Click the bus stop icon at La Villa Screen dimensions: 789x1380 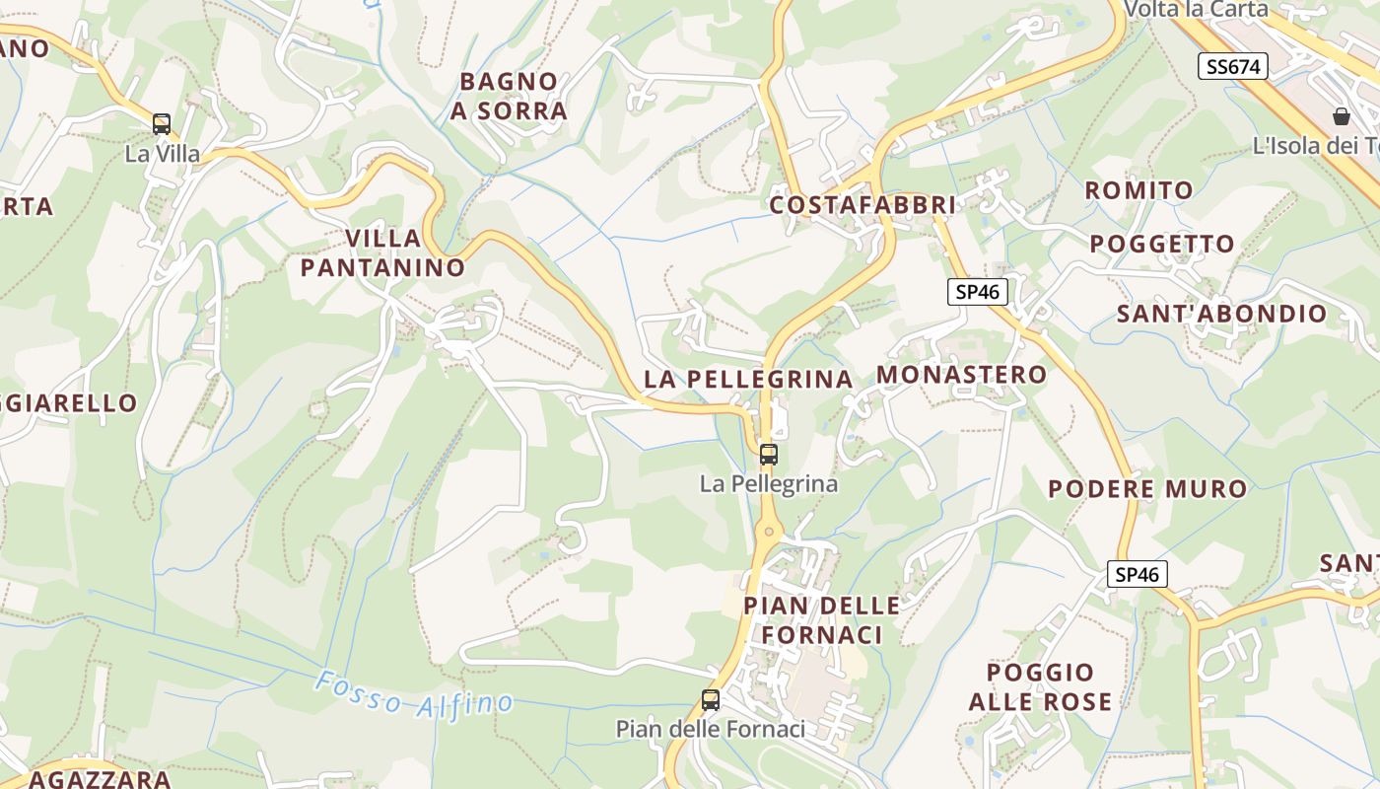pos(162,125)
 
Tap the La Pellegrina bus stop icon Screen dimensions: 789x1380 pos(769,455)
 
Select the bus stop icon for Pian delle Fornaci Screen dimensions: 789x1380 pos(711,700)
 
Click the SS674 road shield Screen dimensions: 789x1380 pos(1233,66)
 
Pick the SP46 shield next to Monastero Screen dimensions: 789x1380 pos(978,291)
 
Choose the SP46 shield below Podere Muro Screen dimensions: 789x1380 pos(1138,574)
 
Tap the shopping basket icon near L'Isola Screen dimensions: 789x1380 pos(1342,116)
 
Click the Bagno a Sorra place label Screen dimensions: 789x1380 pos(509,96)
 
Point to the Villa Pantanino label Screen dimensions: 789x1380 pos(382,252)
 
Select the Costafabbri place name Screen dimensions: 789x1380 pos(862,205)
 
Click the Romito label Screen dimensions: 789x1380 pos(1138,189)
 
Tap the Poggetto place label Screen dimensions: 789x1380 pos(1161,244)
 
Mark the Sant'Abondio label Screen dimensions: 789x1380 pos(1221,314)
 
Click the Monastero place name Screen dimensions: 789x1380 pos(961,375)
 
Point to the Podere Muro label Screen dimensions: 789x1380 pos(1147,488)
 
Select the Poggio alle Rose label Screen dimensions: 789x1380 pos(1040,686)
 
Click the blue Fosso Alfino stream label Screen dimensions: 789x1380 pos(414,693)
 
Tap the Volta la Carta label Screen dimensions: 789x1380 pos(1196,9)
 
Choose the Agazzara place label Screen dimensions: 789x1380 pos(100,779)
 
